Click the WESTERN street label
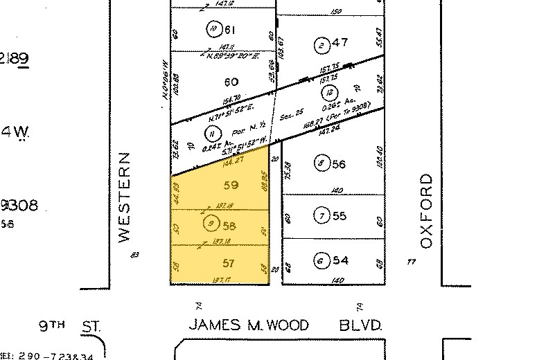pyautogui.click(x=125, y=197)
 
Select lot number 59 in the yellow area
pyautogui.click(x=231, y=186)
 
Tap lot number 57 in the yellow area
pyautogui.click(x=229, y=264)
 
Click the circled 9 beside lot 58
pyautogui.click(x=211, y=224)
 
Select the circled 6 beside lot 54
pyautogui.click(x=320, y=261)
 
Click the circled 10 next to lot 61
pyautogui.click(x=213, y=29)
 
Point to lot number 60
pyautogui.click(x=231, y=82)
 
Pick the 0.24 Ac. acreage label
pyautogui.click(x=210, y=147)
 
